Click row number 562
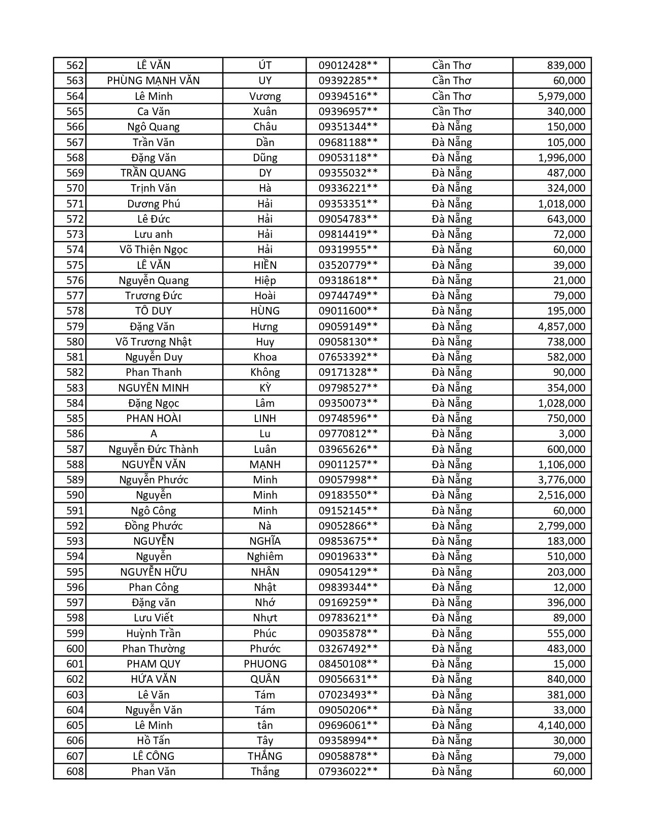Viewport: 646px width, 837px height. pos(74,65)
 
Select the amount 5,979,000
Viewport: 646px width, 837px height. pos(561,96)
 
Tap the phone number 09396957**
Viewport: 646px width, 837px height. pos(348,112)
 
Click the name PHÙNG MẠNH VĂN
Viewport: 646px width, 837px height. pos(154,81)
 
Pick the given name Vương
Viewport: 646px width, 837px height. pos(265,96)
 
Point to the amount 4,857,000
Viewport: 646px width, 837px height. pos(561,326)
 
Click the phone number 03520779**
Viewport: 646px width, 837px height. pos(348,265)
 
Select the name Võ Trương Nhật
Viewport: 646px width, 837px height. pos(154,342)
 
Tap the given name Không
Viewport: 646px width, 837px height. pos(265,372)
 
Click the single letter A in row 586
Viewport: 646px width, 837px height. pos(154,434)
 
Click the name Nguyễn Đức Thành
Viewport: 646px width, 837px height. pos(154,449)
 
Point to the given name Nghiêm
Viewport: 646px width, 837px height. pos(265,556)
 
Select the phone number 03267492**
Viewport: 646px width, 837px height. pos(348,649)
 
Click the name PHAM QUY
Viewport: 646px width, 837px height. pos(154,664)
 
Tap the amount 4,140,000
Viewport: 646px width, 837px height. pos(561,725)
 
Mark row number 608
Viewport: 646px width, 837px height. pos(74,772)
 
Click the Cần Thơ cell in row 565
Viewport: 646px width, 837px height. pos(451,112)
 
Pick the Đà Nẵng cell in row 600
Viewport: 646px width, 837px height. pos(451,649)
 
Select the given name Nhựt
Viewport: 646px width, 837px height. pos(265,618)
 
